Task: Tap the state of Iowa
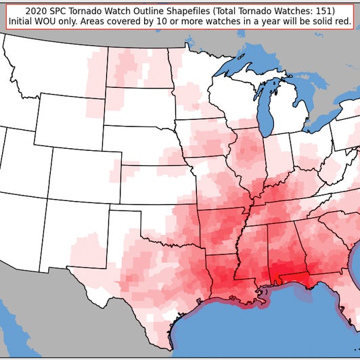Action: (x=203, y=139)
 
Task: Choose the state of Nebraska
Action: (x=142, y=143)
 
